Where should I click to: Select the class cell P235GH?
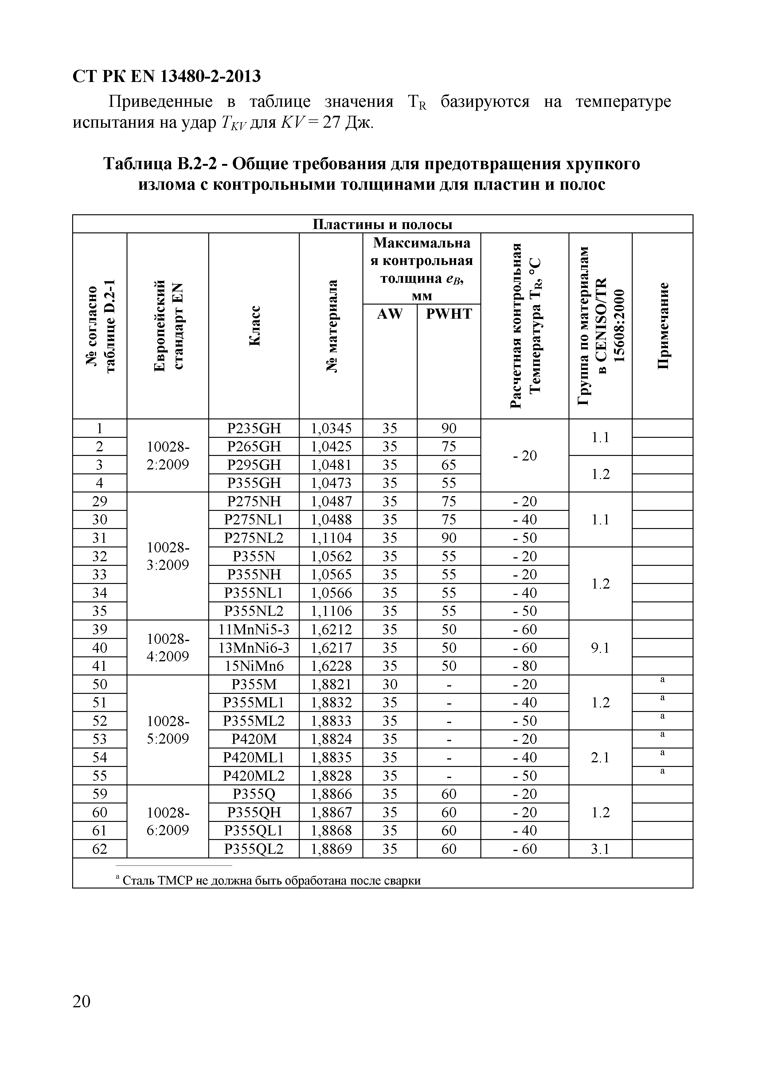tap(254, 428)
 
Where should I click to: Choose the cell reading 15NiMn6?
tap(254, 666)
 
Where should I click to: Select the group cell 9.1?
tap(600, 648)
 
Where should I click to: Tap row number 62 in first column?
tap(100, 849)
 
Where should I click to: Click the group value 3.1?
tap(600, 849)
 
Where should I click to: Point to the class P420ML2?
tap(254, 776)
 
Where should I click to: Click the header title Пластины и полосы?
tap(382, 224)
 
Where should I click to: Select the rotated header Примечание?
tap(662, 326)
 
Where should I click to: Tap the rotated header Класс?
tap(254, 326)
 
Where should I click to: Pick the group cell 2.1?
tap(600, 758)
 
